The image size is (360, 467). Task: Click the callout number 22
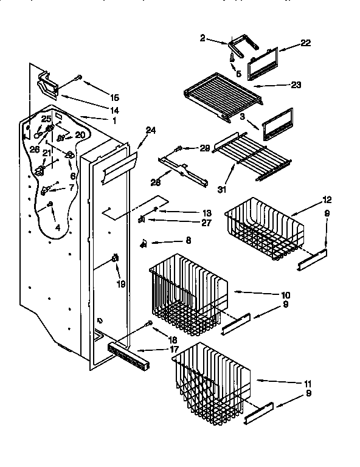305,43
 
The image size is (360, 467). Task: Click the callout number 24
151,130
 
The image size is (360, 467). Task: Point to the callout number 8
188,241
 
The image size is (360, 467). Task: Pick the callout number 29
204,148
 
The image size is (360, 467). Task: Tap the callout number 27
190,223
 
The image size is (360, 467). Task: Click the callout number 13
190,212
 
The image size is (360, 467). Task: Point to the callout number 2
202,38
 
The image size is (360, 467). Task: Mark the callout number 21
46,152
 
